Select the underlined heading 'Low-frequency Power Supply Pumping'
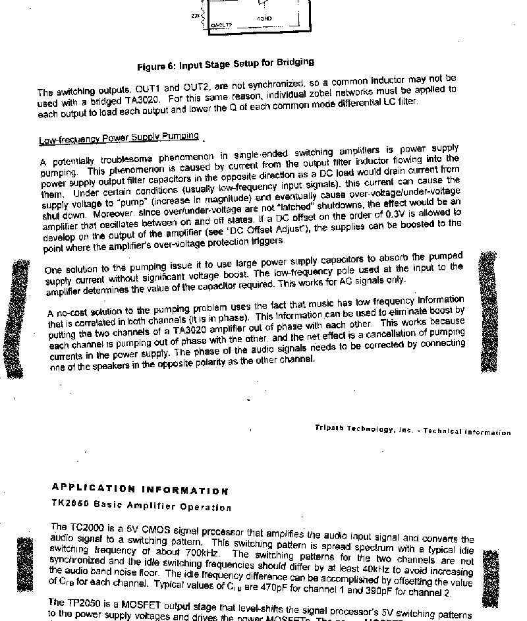coord(119,138)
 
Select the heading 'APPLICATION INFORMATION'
coord(140,488)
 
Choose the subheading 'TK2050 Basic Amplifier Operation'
coord(142,505)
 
